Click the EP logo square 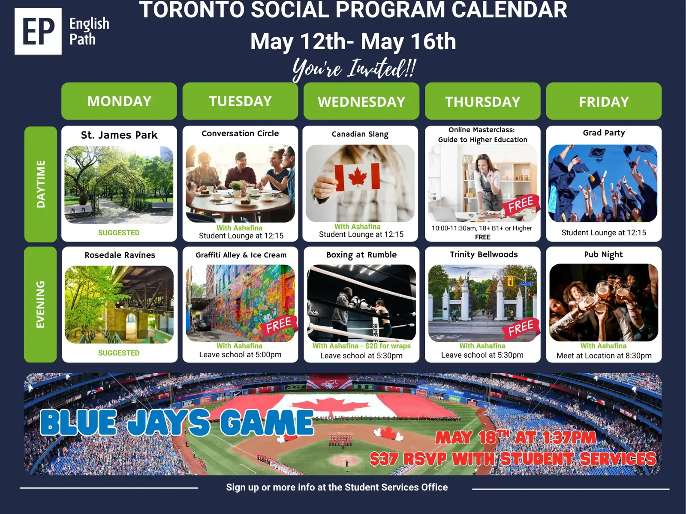(38, 31)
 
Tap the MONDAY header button (119, 101)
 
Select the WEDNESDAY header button (361, 101)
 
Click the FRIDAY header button (604, 101)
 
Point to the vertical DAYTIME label (41, 184)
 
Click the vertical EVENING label (41, 305)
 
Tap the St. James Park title (119, 135)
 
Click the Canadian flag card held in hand (357, 177)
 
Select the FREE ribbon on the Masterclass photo (521, 205)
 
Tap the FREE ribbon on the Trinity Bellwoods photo (521, 328)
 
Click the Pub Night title (604, 255)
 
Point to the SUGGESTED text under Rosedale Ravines (119, 353)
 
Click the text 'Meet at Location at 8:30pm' (604, 356)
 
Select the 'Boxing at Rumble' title (361, 255)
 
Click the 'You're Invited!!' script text (354, 69)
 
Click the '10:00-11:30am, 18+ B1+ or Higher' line (482, 228)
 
